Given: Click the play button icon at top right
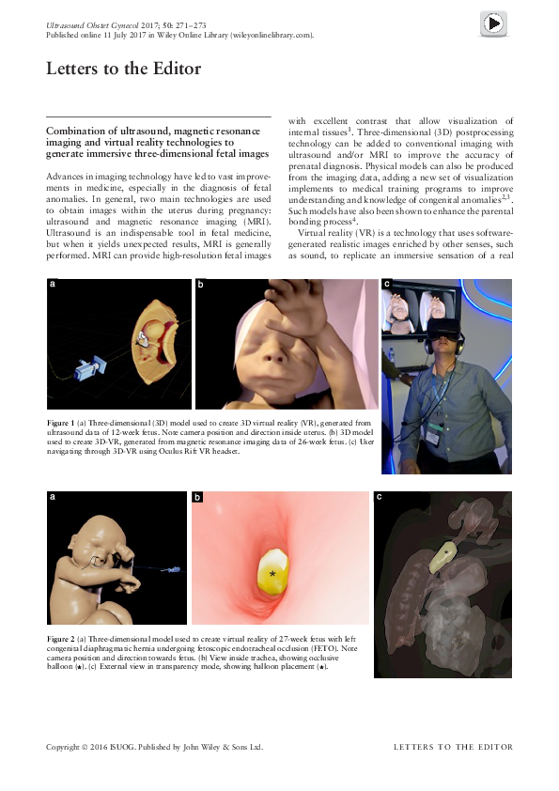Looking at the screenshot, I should (493, 23).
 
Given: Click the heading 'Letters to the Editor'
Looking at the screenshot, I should (123, 69).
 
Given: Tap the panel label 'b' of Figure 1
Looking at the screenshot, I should (201, 283).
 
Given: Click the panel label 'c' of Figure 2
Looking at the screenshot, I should (379, 496).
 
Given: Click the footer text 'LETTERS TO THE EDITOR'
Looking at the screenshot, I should (453, 747).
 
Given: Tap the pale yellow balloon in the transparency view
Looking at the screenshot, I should (442, 555).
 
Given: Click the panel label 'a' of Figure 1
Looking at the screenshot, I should (53, 283).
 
